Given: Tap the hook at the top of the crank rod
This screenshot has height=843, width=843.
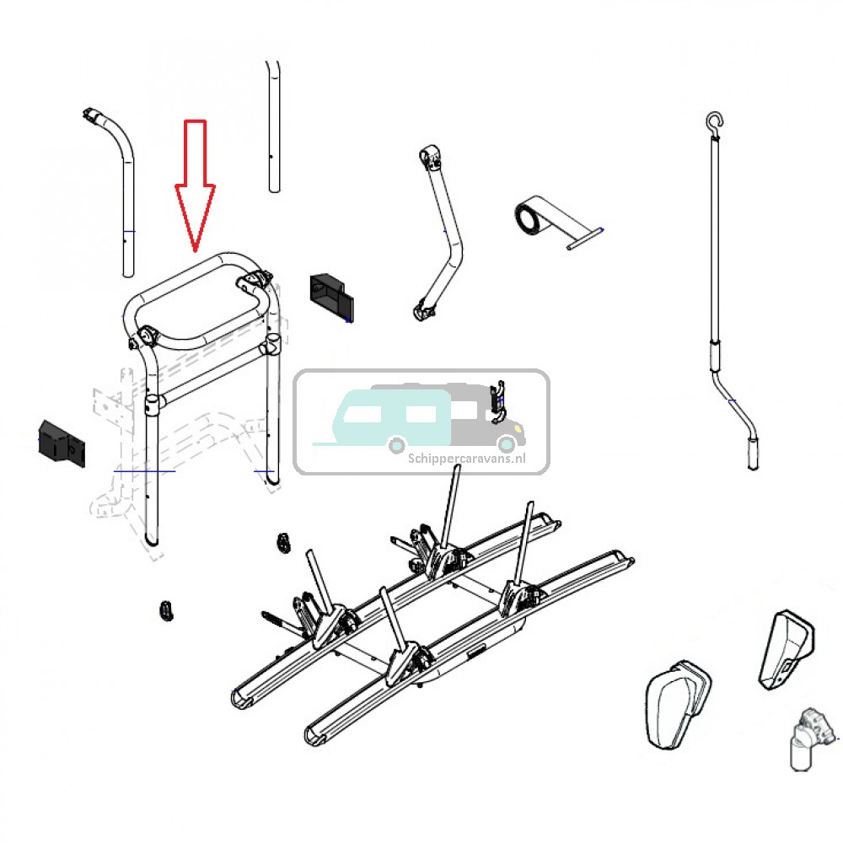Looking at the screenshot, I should [714, 122].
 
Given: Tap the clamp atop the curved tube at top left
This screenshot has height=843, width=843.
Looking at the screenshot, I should [91, 115].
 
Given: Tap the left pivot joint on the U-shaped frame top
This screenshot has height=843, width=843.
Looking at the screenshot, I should [144, 336].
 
